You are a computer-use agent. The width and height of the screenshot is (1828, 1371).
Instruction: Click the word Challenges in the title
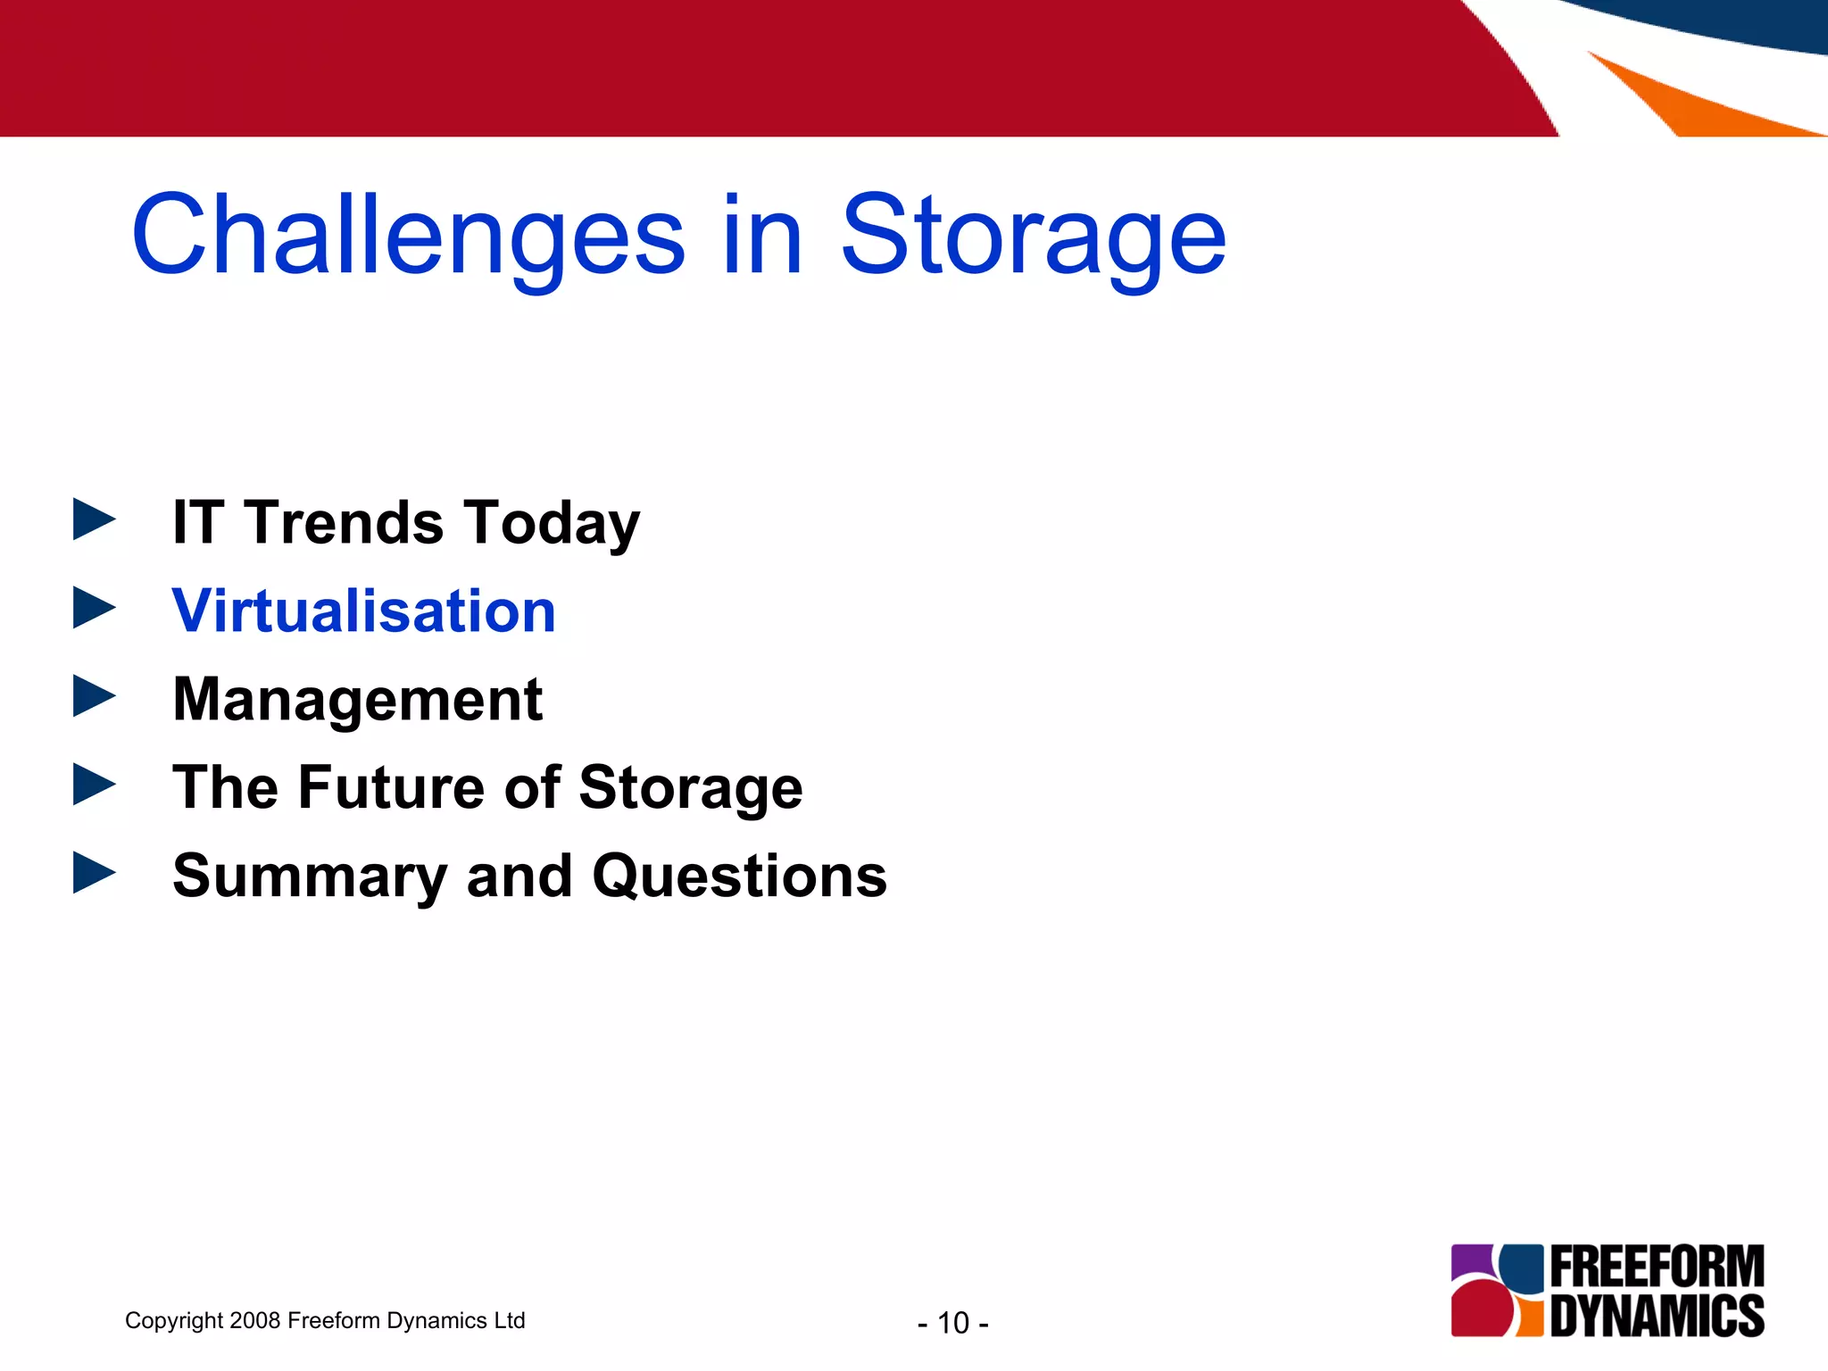408,237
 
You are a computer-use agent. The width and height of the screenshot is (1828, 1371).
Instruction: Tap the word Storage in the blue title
1033,237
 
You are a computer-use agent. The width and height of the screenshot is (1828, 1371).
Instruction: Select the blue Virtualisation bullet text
363,611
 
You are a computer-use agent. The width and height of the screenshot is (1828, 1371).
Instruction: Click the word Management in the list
357,699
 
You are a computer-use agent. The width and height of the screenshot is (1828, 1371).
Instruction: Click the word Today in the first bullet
551,524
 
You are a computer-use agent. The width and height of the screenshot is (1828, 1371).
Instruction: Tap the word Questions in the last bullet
739,876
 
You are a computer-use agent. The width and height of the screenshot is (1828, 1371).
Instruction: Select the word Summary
310,877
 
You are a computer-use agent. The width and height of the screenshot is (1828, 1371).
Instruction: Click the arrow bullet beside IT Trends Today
93,519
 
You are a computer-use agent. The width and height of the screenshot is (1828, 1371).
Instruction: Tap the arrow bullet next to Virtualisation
93,608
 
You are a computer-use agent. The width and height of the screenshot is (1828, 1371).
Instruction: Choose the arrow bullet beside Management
93,696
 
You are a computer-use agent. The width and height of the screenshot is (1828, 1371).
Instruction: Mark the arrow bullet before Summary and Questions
93,872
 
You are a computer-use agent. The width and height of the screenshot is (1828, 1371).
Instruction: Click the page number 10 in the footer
953,1323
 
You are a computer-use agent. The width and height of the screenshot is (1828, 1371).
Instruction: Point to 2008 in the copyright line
254,1320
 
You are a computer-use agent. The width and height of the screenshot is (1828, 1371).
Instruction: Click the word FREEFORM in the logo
1657,1267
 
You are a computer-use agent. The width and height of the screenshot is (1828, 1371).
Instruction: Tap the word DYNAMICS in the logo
1657,1316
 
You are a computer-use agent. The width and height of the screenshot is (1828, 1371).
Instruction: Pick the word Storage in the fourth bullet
690,789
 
